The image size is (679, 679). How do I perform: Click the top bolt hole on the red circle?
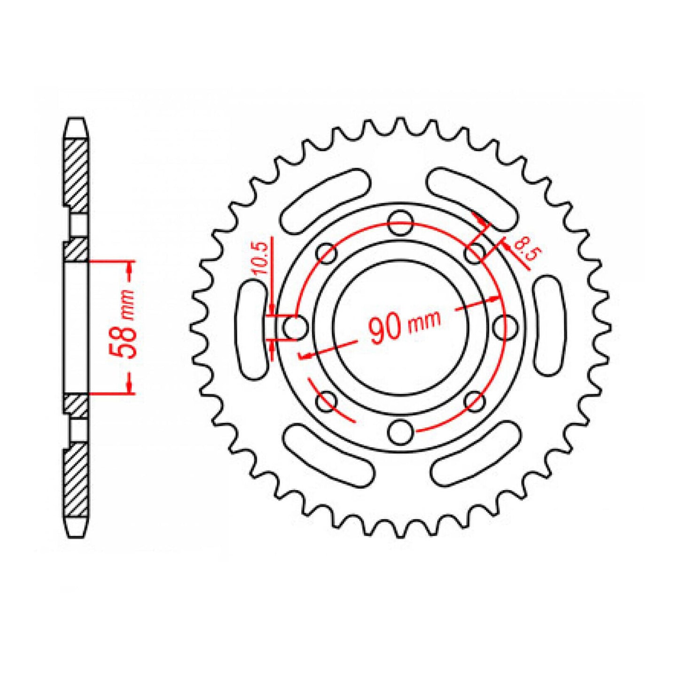401,223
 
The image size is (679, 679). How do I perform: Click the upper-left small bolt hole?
327,254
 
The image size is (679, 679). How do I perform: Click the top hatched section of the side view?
76,174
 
